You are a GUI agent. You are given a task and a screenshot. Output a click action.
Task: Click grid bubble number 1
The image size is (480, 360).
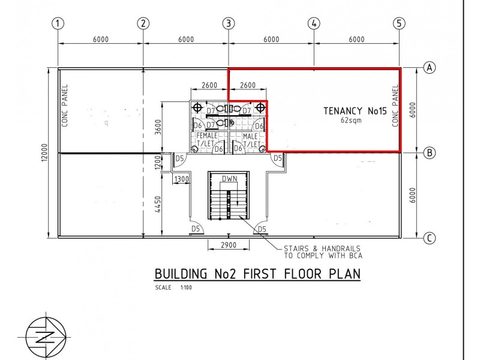click(58, 23)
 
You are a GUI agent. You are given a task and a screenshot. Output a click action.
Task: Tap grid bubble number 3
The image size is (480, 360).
click(229, 23)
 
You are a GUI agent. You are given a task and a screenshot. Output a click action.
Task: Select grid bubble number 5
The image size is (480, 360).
click(399, 23)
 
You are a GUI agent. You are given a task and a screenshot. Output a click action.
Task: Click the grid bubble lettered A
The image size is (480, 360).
click(430, 67)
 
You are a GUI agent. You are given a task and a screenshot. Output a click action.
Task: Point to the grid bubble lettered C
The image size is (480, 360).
click(430, 238)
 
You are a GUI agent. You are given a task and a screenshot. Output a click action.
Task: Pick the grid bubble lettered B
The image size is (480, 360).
click(430, 152)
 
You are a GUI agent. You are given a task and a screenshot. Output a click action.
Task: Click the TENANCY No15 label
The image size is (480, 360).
click(355, 111)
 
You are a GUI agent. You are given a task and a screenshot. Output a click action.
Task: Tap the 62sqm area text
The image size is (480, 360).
click(351, 120)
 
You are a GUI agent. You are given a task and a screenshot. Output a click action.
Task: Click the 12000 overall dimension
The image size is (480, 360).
click(44, 152)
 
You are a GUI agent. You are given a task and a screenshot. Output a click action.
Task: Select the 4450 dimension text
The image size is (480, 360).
click(158, 205)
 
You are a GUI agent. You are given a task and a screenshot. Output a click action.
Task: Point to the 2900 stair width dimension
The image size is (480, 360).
click(229, 245)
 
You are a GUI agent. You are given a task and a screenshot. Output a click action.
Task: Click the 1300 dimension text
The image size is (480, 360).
click(181, 179)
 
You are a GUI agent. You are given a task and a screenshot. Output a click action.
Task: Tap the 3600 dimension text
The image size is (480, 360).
click(158, 128)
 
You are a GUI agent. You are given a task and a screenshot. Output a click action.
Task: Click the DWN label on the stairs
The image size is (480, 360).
click(230, 178)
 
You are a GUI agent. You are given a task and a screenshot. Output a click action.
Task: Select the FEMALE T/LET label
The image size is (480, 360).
click(207, 139)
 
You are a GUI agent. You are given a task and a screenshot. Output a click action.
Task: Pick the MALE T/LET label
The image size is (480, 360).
click(251, 140)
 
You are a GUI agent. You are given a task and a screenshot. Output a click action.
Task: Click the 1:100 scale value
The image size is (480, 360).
click(186, 287)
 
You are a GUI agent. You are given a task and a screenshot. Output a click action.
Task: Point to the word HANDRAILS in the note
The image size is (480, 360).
click(341, 248)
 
